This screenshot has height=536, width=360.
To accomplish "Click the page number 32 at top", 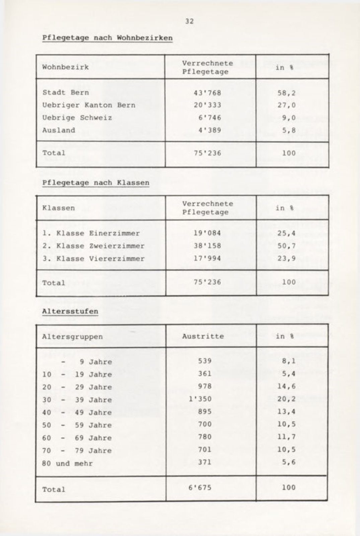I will (189, 21).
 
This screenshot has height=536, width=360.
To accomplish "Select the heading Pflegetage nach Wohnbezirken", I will (107, 38).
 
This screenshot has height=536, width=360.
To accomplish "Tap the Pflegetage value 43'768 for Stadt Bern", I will (208, 92).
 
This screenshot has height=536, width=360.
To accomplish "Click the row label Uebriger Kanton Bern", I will (89, 105).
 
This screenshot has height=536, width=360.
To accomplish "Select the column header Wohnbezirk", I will (65, 67).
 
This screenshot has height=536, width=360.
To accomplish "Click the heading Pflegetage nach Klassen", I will (96, 183).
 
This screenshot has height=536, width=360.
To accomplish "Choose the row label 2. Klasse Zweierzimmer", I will (93, 246).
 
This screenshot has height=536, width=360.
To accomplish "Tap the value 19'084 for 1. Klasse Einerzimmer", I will (207, 233).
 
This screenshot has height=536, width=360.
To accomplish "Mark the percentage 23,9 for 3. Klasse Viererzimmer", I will (287, 258).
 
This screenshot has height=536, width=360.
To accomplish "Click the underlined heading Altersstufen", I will (70, 311).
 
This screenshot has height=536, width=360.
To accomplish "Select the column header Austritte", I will (203, 336).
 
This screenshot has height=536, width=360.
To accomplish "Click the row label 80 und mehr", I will (67, 464).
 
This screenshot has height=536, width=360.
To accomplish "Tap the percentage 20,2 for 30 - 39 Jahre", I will (287, 399).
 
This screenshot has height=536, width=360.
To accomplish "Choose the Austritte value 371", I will (205, 462).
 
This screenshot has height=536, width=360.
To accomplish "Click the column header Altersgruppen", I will (72, 336).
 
